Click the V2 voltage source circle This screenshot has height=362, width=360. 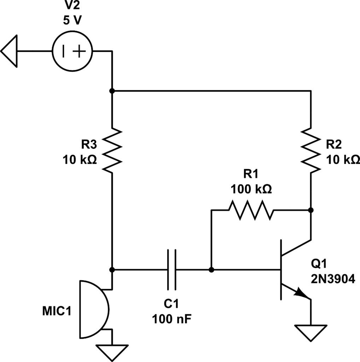tap(52, 51)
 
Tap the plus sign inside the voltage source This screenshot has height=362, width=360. tap(79, 51)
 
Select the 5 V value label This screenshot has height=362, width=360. tap(72, 20)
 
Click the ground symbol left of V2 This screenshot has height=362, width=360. tap(9, 51)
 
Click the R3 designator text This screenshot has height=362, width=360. tap(89, 145)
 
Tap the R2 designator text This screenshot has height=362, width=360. tap(333, 145)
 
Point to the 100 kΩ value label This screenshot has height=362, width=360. tap(251, 189)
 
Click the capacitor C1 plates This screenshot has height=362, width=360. tap(172, 269)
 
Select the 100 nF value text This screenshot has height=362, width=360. tap(172, 319)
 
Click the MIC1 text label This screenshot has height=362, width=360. tap(57, 311)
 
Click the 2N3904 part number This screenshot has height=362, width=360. tap(333, 279)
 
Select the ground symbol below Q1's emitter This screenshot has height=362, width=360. tap(311, 333)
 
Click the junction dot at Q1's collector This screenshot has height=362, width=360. tap(311, 210)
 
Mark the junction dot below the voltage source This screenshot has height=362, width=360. tap(112, 91)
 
